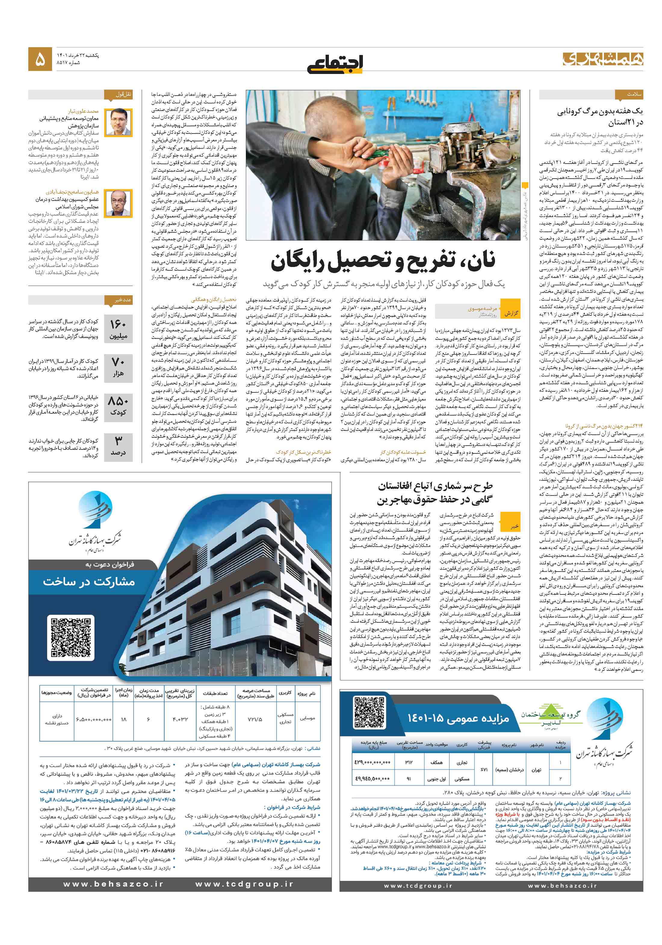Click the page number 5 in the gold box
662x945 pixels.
point(40,60)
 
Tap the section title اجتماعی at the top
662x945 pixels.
point(335,63)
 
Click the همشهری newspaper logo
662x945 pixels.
point(602,59)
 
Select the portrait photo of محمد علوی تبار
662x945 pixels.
point(118,122)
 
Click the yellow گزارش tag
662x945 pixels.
point(511,314)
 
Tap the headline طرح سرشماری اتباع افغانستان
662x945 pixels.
point(435,486)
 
